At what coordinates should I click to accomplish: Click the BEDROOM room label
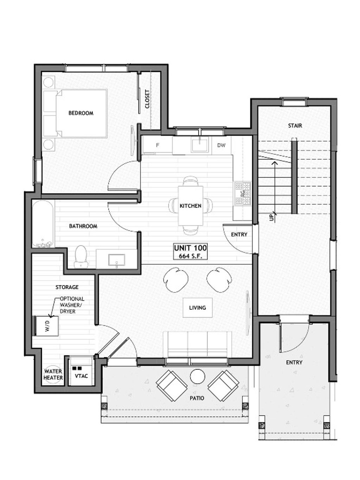81,113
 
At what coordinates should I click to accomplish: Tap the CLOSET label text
147,99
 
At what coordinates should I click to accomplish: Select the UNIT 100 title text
191,248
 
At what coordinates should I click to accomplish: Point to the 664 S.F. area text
191,256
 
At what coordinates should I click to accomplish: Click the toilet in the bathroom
81,256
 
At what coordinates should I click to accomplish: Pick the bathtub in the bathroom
43,224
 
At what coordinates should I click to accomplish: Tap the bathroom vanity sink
116,260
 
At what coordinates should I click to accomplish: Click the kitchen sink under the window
200,145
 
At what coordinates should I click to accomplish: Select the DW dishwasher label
221,145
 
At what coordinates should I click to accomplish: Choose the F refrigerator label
157,145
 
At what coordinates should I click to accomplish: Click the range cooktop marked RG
243,193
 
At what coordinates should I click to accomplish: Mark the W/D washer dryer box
47,326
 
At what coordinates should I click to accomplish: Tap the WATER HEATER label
53,375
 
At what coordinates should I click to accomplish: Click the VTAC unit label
81,376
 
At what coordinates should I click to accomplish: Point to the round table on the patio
197,377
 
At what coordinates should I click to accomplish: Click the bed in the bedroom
75,114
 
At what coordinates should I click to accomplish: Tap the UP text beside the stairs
271,218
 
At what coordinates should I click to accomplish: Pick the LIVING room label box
197,308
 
